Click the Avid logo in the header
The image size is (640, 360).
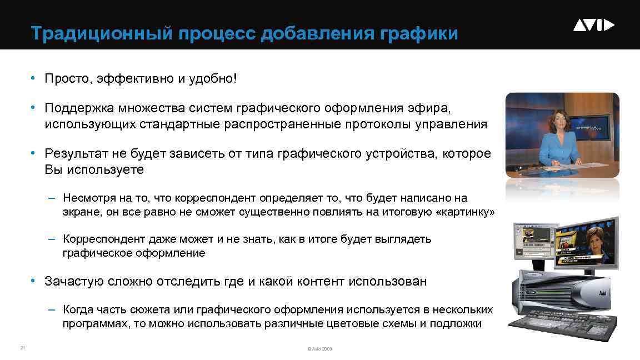point(593,25)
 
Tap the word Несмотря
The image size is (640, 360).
point(88,198)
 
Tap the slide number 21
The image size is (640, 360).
point(22,348)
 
